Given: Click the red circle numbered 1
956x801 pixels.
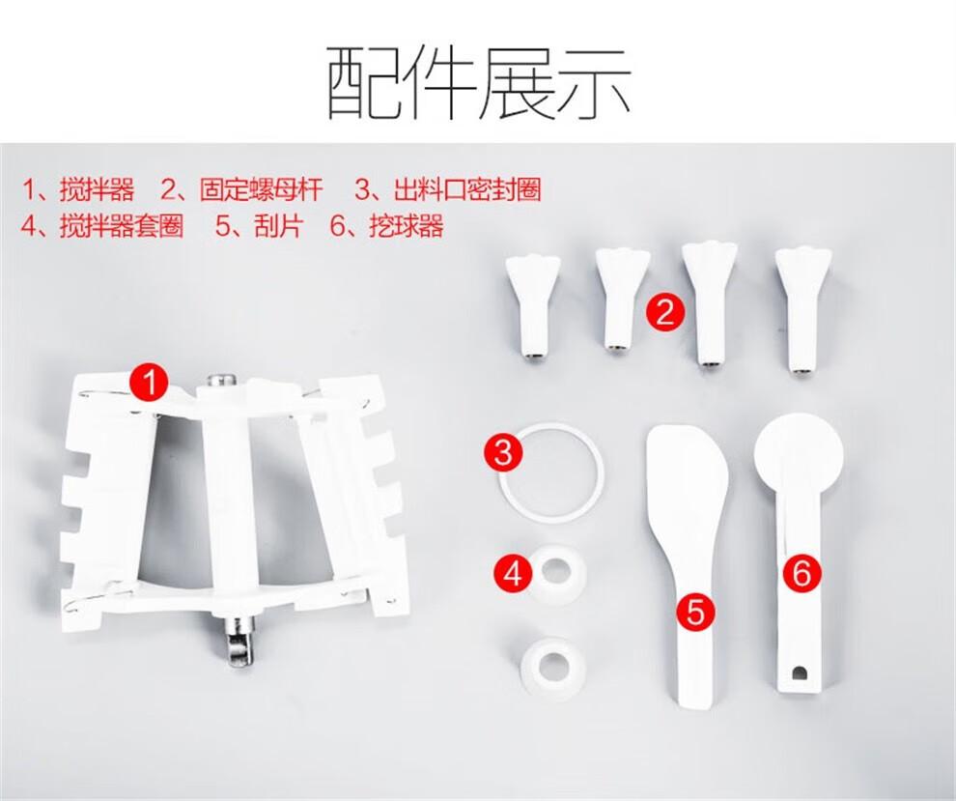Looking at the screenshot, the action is click(150, 383).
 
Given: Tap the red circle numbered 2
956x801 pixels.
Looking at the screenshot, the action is click(665, 312).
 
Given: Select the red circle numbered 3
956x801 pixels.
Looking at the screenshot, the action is click(503, 452).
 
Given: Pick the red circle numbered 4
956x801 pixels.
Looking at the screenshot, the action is click(514, 572).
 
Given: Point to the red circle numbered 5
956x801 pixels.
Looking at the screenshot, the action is click(695, 611).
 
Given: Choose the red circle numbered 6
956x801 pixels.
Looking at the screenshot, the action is click(801, 572).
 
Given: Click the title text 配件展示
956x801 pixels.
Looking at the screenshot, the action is click(478, 83).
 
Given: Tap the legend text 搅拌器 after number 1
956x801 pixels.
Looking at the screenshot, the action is click(97, 189).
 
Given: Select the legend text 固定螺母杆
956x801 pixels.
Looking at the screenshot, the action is click(261, 189).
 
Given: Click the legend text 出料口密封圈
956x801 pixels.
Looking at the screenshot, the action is click(467, 189).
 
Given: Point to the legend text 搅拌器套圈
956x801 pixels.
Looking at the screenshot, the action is click(122, 226).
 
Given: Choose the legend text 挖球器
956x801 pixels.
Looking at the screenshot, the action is click(406, 226).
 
